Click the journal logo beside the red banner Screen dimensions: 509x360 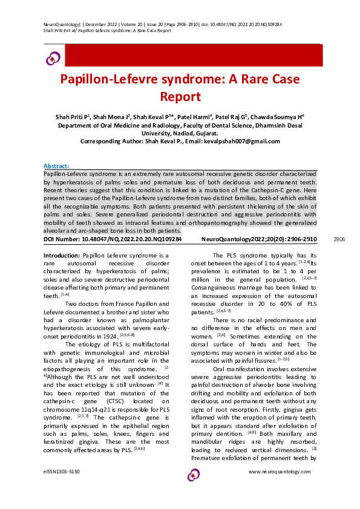[53, 57]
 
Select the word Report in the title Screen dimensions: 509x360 [180, 96]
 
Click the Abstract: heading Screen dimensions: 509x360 [56, 166]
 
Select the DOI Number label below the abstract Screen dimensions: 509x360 [66, 239]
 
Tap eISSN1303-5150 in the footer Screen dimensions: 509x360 [62, 470]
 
